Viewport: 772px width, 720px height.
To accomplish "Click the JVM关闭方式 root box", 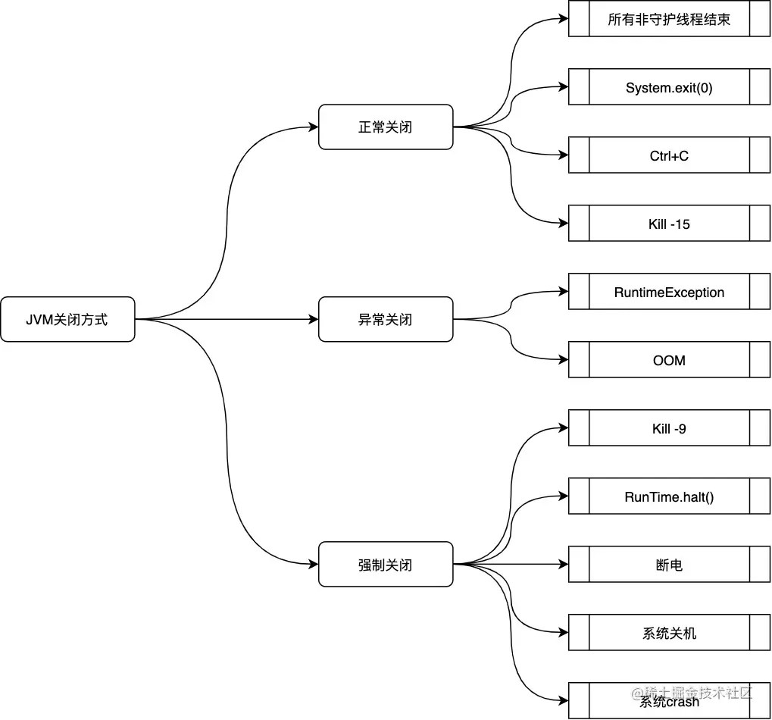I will click(67, 319).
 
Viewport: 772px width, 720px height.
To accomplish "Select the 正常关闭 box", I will click(386, 127).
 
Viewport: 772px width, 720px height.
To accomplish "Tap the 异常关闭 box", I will click(386, 319).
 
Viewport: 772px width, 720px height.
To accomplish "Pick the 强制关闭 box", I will click(386, 564).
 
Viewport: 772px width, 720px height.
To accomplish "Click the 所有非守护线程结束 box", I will click(669, 20).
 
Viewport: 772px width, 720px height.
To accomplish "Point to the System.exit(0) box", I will click(669, 87).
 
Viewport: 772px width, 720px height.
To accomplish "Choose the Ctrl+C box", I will click(669, 155).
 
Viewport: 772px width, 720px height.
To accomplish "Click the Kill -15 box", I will click(669, 224).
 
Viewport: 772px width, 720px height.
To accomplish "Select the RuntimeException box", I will click(669, 292).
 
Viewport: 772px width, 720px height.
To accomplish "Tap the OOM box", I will click(669, 360).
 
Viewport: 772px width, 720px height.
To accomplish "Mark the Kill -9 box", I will click(669, 428).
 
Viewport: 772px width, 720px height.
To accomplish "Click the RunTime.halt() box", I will click(669, 496).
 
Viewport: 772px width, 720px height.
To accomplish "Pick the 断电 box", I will click(669, 565).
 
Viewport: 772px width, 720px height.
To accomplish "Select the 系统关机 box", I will click(669, 633).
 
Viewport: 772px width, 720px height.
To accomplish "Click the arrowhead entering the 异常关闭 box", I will click(314, 319).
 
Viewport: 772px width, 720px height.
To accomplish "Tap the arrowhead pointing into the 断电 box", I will click(564, 565).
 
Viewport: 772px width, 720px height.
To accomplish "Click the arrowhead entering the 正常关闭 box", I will click(314, 127).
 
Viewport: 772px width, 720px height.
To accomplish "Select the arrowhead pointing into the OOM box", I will click(564, 360).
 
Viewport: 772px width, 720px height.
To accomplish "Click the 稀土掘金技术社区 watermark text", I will click(690, 691).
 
